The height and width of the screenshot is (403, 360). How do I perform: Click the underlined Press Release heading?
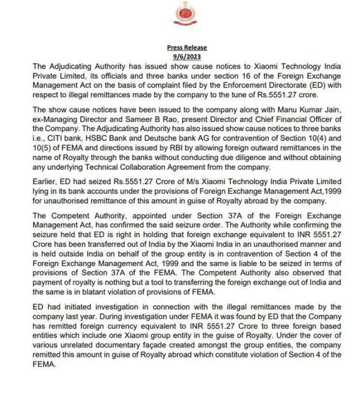pos(187,48)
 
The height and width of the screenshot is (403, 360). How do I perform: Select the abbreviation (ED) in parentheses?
pos(312,85)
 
